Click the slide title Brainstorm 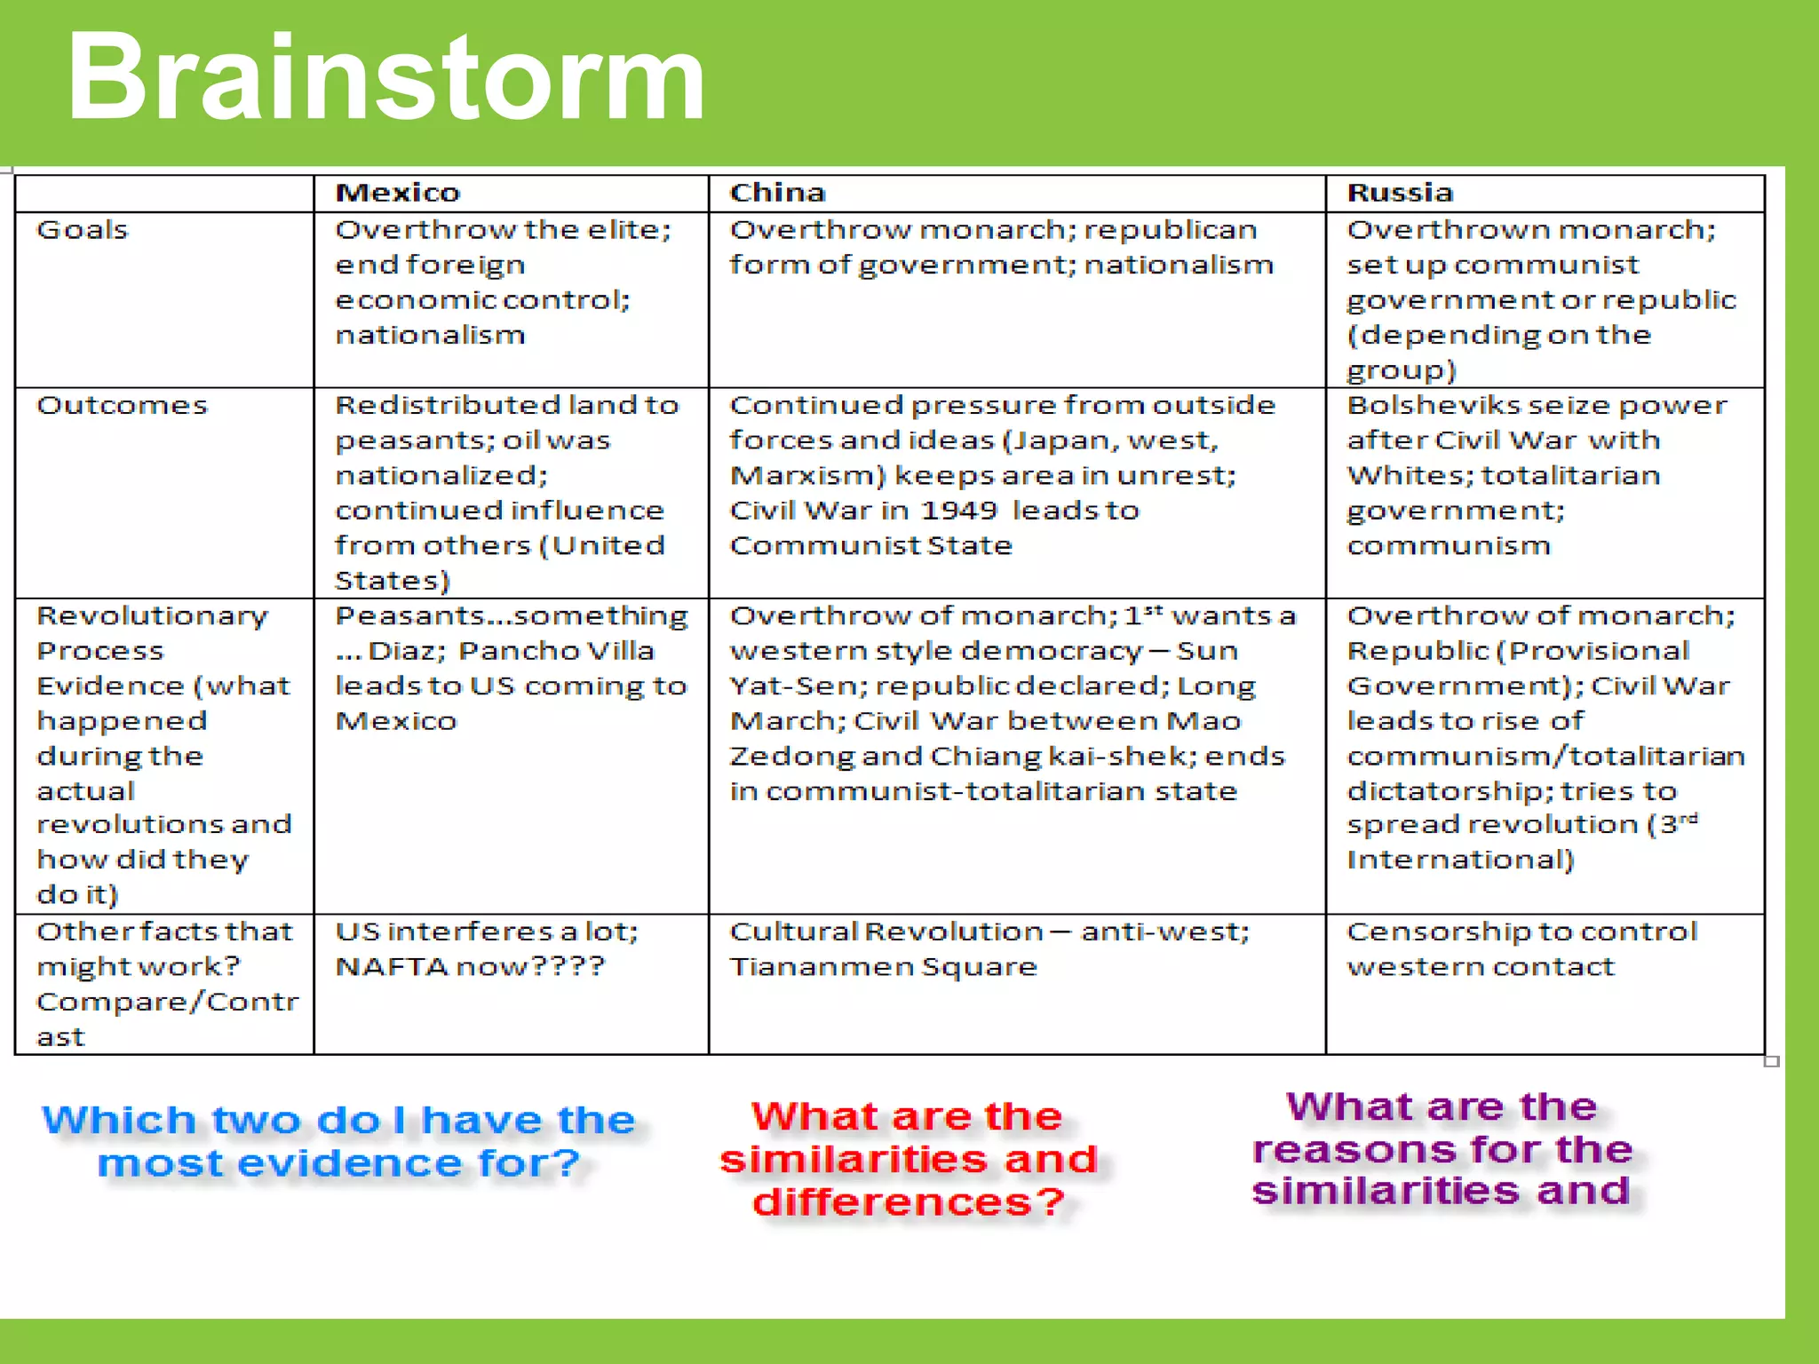(385, 78)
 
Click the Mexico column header (397, 193)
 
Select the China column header (777, 193)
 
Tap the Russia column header (1400, 193)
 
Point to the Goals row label (83, 230)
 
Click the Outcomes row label (122, 406)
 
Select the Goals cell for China (1001, 248)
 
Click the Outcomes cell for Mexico (506, 492)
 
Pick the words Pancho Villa (556, 651)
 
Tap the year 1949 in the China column (958, 511)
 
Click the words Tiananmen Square (883, 967)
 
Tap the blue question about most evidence (339, 1141)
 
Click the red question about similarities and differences (908, 1159)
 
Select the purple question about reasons (1442, 1148)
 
